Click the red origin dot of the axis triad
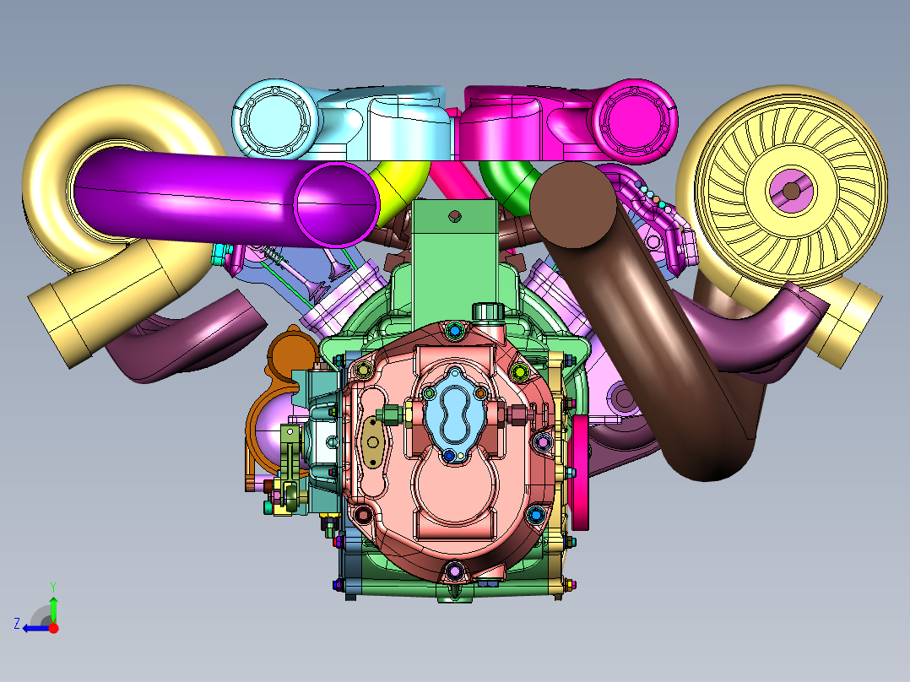(53, 628)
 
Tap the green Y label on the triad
(53, 587)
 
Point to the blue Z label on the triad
(17, 624)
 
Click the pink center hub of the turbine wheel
(791, 191)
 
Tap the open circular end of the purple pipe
(337, 203)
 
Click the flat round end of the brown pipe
(573, 204)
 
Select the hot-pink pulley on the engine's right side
(581, 473)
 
